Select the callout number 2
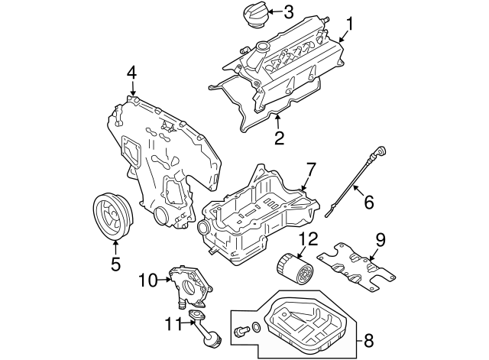(279, 138)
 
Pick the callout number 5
(116, 264)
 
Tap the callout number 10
(147, 281)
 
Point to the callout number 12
(306, 238)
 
